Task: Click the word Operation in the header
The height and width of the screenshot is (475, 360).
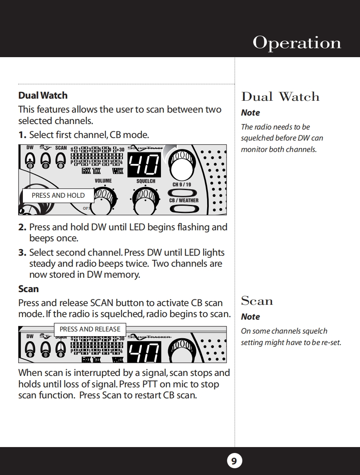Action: point(297,43)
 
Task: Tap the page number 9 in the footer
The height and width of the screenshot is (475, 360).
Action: point(234,461)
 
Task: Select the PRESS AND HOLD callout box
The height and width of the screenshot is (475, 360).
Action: point(58,196)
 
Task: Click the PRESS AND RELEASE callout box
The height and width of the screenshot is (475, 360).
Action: point(90,329)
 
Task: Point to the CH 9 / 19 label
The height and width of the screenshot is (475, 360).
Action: point(182,185)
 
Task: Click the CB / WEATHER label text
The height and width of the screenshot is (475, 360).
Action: point(184,201)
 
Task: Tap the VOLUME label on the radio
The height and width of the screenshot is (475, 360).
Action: point(103,181)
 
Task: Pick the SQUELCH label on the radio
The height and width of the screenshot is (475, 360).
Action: point(146,181)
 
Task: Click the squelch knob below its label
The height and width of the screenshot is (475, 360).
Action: point(146,199)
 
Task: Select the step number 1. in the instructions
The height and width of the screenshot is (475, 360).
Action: point(22,135)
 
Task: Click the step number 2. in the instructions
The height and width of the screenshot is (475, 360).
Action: point(22,227)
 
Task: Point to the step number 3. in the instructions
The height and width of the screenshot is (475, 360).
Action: point(22,253)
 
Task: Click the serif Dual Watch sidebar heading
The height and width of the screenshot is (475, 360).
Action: point(280,97)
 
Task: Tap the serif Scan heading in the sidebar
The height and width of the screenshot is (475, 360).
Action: point(257,301)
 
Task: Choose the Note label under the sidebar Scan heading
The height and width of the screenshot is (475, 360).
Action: point(250,317)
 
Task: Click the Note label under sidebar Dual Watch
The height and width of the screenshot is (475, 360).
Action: point(250,113)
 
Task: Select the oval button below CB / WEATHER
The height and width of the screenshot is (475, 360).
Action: point(184,209)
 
